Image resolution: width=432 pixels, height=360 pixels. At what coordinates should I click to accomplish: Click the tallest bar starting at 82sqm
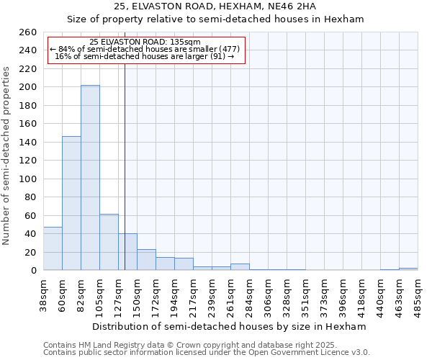tap(90, 178)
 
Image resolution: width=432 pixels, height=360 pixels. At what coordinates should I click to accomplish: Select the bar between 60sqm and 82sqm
tap(71, 203)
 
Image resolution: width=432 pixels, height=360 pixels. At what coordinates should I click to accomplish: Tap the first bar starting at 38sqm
tap(53, 248)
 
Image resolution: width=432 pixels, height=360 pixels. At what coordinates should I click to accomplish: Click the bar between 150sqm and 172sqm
tap(146, 260)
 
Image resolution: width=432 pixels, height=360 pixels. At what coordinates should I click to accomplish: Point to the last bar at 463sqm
tap(408, 269)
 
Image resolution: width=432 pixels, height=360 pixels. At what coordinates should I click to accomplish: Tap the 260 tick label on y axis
tap(28, 32)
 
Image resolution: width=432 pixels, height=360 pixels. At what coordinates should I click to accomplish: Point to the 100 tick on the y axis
tap(28, 179)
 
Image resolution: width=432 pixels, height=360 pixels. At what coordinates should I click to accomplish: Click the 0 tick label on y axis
tap(34, 271)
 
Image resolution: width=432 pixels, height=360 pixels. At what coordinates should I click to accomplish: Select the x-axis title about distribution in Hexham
tap(230, 326)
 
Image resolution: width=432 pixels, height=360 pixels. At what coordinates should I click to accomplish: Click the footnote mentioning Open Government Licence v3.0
tap(207, 353)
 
